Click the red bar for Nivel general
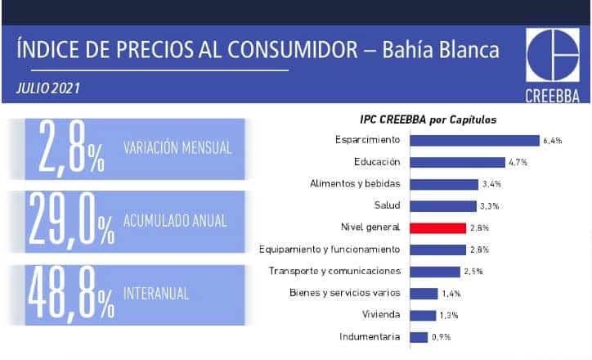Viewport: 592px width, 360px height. click(438, 228)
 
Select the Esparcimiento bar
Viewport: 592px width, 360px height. click(474, 141)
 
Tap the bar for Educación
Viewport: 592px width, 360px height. click(458, 163)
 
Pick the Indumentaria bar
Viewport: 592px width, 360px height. click(419, 337)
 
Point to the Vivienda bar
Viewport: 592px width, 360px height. click(424, 316)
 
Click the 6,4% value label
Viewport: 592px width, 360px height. click(553, 141)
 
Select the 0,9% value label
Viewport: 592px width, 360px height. click(442, 337)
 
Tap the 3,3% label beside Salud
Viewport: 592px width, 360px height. click(490, 206)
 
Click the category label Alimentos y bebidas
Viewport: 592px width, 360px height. click(355, 183)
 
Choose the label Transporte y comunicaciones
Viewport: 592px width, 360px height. click(334, 271)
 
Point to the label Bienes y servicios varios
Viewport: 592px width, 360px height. click(345, 293)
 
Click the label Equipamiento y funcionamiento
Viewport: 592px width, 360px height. click(330, 250)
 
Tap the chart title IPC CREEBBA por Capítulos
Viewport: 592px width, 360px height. click(428, 119)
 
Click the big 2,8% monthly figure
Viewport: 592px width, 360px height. click(71, 148)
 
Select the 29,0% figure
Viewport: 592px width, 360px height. click(71, 220)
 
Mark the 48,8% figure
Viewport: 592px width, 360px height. click(71, 295)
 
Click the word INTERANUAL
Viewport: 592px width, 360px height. click(156, 294)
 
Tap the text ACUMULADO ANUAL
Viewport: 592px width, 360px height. click(175, 221)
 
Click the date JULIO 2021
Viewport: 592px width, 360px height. click(48, 88)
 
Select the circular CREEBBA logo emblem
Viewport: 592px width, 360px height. click(553, 55)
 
